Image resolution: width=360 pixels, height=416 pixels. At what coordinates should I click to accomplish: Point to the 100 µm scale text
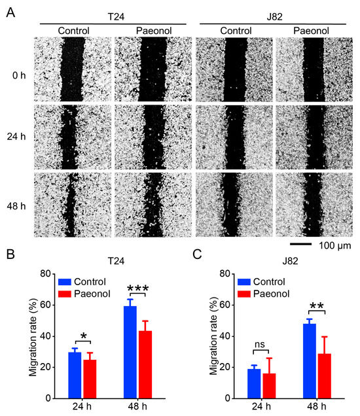click(x=336, y=246)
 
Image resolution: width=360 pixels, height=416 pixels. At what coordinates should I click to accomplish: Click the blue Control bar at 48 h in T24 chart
click(x=130, y=352)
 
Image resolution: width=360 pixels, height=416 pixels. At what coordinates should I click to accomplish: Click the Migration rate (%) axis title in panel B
click(x=33, y=335)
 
